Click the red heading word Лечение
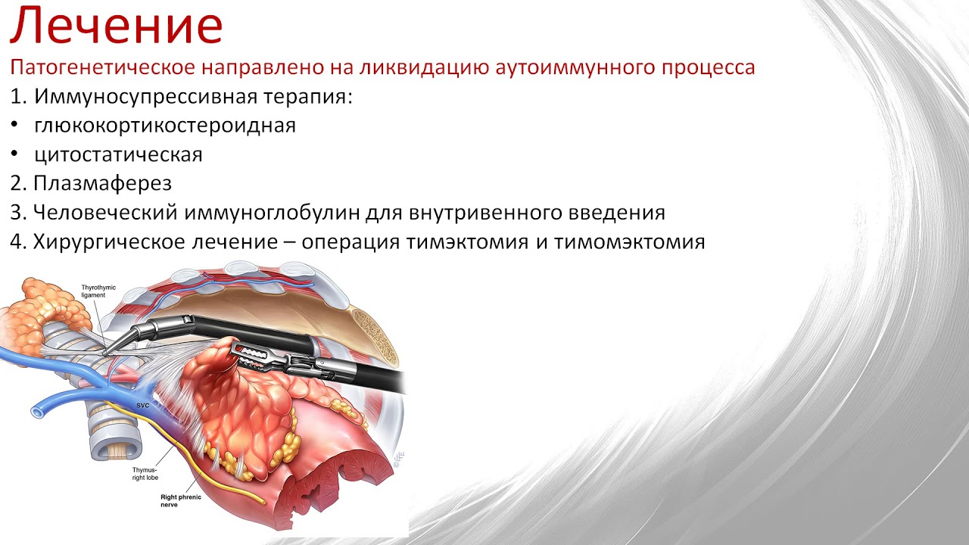click(116, 25)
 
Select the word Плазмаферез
click(102, 183)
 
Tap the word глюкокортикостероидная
click(164, 126)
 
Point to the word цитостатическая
click(118, 154)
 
